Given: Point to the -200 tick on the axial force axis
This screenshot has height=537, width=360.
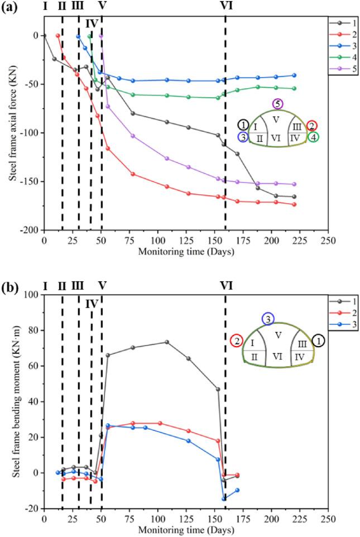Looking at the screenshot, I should point(31,230).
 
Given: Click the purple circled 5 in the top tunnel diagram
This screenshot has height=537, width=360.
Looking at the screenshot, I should point(277,104).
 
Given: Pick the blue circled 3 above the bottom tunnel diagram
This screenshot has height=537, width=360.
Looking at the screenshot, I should point(269,318).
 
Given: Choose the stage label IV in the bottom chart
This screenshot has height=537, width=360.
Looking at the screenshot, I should point(92,304).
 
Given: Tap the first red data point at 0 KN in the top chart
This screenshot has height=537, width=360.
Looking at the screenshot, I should point(57,36).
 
